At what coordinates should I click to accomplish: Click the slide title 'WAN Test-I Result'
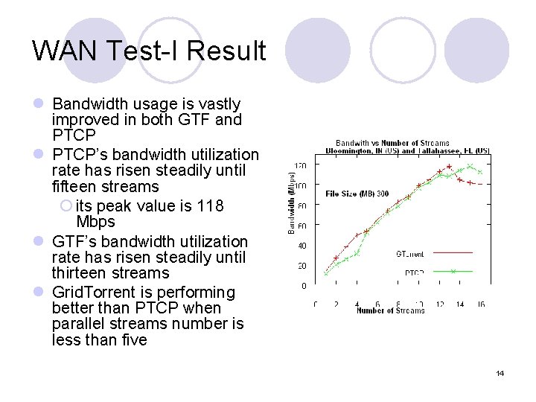(149, 51)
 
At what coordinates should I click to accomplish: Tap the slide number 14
(500, 373)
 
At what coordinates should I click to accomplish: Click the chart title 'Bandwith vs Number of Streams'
(392, 142)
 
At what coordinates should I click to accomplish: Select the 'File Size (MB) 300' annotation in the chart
(357, 194)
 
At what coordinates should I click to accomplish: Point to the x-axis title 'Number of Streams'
(390, 310)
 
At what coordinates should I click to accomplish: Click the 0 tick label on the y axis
(303, 286)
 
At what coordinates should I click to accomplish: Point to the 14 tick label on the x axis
(459, 304)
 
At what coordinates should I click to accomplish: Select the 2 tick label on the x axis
(336, 304)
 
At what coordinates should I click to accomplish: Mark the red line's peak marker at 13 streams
(449, 167)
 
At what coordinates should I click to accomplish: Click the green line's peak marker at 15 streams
(470, 166)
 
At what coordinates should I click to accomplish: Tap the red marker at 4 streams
(357, 235)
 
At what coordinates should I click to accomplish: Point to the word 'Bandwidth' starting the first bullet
(88, 103)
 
